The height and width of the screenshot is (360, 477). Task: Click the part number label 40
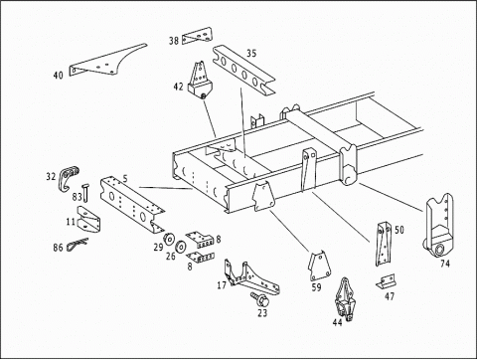pyautogui.click(x=59, y=76)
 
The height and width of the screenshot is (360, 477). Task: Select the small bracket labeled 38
pyautogui.click(x=197, y=36)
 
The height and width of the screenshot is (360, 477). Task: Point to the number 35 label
pyautogui.click(x=251, y=53)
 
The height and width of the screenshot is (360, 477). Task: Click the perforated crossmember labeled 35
pyautogui.click(x=243, y=71)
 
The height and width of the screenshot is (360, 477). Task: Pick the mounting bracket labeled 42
pyautogui.click(x=200, y=81)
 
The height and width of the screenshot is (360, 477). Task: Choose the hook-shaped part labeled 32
pyautogui.click(x=69, y=177)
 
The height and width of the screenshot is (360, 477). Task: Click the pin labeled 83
pyautogui.click(x=85, y=193)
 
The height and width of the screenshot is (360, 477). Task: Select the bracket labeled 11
pyautogui.click(x=88, y=220)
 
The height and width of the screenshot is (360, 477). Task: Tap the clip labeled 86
pyautogui.click(x=78, y=245)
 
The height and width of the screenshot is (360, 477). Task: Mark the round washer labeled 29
pyautogui.click(x=170, y=239)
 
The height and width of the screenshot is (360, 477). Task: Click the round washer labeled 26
pyautogui.click(x=182, y=247)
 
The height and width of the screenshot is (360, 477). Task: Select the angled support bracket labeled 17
pyautogui.click(x=251, y=278)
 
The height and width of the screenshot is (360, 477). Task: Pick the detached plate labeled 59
pyautogui.click(x=320, y=267)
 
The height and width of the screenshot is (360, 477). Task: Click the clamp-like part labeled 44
pyautogui.click(x=346, y=300)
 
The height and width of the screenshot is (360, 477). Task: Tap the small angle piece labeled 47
pyautogui.click(x=386, y=281)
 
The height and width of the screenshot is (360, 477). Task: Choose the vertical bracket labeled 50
pyautogui.click(x=384, y=244)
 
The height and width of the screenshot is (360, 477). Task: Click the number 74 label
pyautogui.click(x=445, y=264)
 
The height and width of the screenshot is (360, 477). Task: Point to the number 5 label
pyautogui.click(x=125, y=179)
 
